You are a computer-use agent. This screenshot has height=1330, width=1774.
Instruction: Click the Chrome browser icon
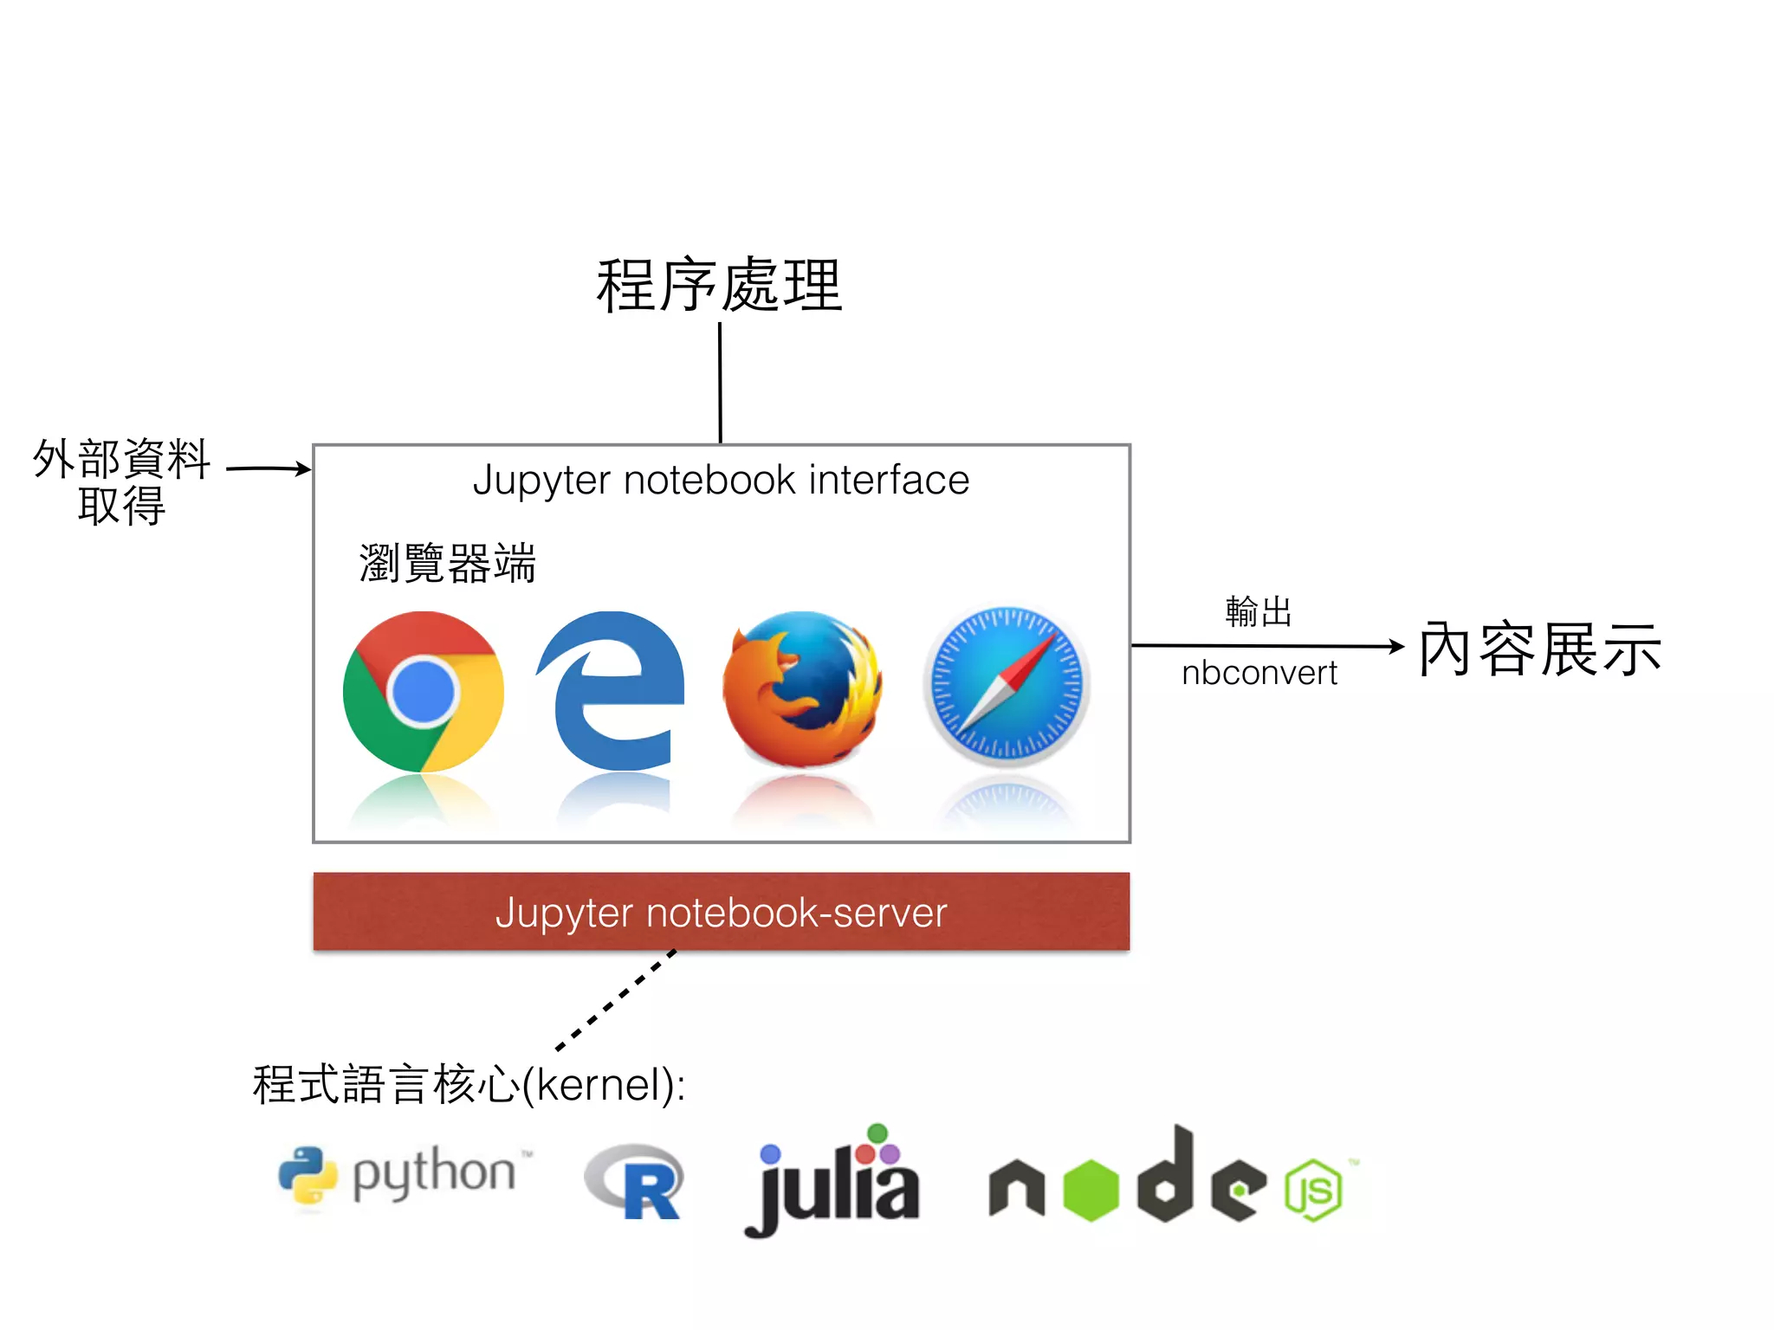[423, 691]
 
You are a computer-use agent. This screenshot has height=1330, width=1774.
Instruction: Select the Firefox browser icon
[803, 688]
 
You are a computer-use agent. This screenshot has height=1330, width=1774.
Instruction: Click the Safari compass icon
[1006, 687]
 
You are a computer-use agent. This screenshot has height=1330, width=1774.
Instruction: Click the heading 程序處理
[719, 285]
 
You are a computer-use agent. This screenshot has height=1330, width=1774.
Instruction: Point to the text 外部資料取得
[122, 481]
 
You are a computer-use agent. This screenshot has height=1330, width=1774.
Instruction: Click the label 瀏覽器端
[448, 564]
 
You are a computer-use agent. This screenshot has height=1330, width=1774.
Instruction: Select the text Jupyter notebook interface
[721, 480]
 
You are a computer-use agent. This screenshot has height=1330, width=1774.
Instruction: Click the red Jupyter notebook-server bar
[721, 912]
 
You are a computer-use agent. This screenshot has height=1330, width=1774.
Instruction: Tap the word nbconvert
[1259, 673]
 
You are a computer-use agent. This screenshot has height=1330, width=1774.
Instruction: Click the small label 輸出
[1259, 611]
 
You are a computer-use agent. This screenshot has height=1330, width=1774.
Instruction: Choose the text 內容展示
[1539, 649]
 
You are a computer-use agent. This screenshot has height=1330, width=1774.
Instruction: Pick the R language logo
[635, 1182]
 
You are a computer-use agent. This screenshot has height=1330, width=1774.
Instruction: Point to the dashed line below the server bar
[616, 999]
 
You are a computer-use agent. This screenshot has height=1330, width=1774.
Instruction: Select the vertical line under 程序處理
[720, 383]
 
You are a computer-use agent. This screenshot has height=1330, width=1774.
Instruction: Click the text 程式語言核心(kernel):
[469, 1084]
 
